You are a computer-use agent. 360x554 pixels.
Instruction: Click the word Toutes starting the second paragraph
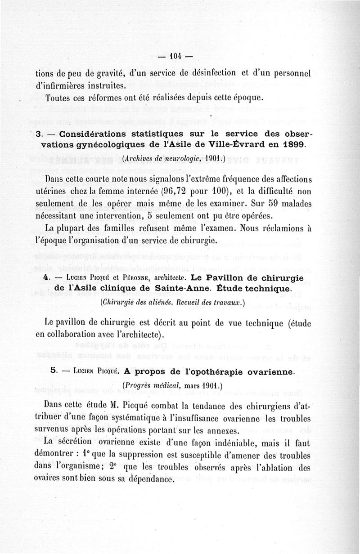coord(58,98)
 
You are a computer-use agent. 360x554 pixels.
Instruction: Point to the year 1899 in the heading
coord(292,145)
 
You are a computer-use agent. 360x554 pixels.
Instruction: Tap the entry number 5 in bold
coord(54,371)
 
